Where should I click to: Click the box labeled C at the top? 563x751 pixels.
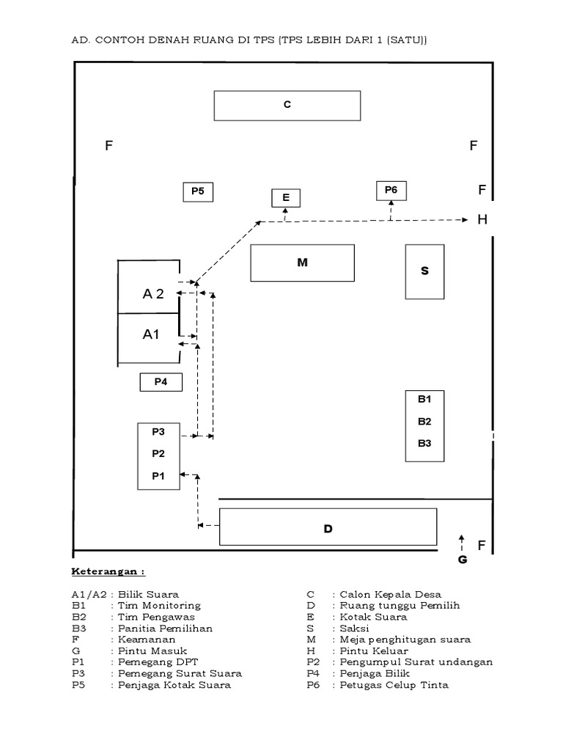pos(287,105)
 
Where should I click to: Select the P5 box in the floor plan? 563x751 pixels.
pos(197,191)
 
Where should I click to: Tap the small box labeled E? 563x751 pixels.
pos(286,198)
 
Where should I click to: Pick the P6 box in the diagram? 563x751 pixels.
pos(391,191)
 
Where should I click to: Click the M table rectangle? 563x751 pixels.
pos(302,263)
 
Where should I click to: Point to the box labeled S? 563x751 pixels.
pos(424,271)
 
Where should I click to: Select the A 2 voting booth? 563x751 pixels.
pos(150,294)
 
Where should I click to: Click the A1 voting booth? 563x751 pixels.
pos(150,334)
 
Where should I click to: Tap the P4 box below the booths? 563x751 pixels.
pos(161,381)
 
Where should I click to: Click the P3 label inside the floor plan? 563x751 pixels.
pos(158,431)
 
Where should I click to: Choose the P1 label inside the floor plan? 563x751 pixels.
pos(158,476)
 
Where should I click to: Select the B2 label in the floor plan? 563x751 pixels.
pos(424,422)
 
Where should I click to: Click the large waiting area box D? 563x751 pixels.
pos(328,527)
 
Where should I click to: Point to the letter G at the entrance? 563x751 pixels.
pos(462,560)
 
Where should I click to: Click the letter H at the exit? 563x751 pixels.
pos(482,219)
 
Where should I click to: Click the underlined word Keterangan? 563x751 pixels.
pos(107,571)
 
